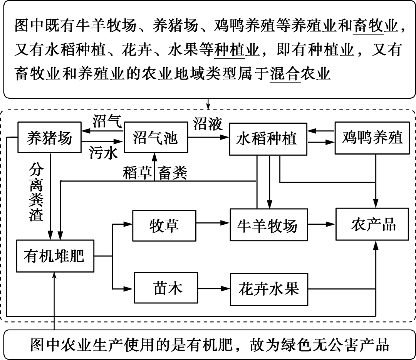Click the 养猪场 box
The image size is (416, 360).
point(50,137)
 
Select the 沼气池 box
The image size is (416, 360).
point(155,137)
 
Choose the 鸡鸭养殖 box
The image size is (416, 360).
point(372,137)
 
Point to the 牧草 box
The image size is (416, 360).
point(164,225)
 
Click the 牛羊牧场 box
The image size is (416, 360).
point(269,225)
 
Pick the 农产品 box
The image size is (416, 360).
point(373,224)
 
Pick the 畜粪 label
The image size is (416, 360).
point(172,173)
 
